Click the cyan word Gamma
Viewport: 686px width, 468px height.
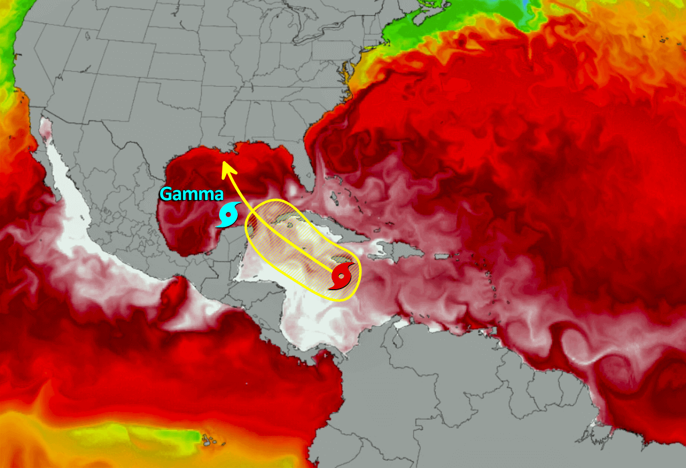pos(191,194)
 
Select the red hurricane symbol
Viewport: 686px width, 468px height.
pos(341,277)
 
